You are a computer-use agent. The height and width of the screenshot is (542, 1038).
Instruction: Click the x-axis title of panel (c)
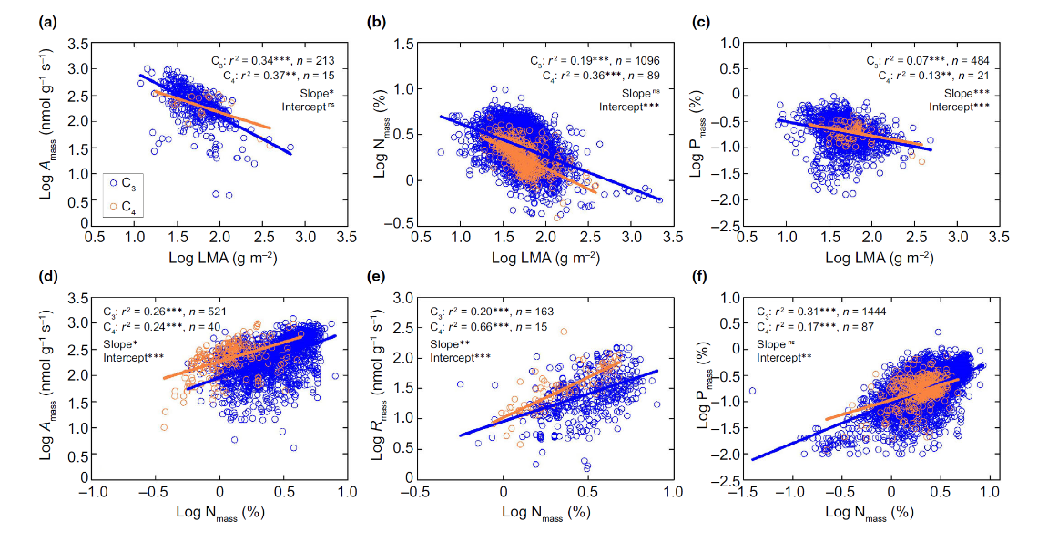tap(873, 260)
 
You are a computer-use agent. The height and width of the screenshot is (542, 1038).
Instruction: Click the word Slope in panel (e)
tap(445, 343)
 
